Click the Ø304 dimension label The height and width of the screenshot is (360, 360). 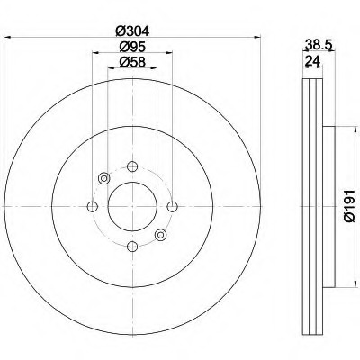pos(132,31)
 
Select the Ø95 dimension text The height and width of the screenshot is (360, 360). pos(132,47)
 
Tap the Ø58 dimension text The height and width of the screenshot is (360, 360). pos(132,62)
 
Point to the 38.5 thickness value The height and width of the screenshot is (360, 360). pos(318,45)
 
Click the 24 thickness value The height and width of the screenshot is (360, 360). pos(313,61)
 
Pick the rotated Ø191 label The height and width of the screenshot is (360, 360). pos(350,206)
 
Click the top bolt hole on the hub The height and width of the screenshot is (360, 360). pos(132,166)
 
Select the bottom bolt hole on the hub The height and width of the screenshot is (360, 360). pos(132,247)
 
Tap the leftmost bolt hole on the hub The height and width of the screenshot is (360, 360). pos(93,206)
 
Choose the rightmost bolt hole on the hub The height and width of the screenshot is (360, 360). pos(172,206)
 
